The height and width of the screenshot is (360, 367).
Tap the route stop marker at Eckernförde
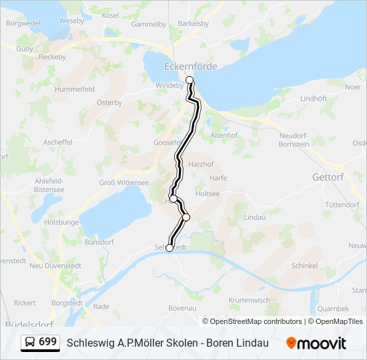point(190,80)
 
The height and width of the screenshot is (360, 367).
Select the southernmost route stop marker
point(169,248)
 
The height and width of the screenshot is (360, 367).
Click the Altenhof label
point(224,135)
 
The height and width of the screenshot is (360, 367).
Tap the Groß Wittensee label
point(124,181)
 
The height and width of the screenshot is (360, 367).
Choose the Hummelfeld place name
point(75,89)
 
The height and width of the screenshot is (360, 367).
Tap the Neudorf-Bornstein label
point(294,139)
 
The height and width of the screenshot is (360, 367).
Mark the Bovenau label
point(182,308)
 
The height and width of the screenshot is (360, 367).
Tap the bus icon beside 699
point(30,343)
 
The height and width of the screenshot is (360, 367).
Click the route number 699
point(47,342)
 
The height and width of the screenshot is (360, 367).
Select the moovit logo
point(316,343)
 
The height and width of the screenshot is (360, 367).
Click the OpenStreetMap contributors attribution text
point(252,321)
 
